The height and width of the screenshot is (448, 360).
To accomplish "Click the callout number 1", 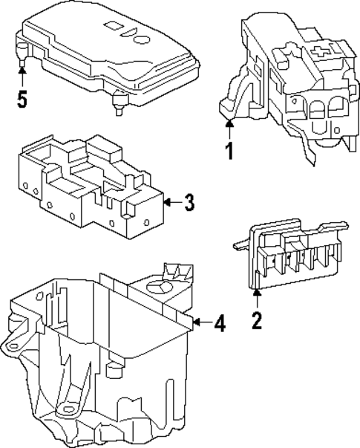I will point(230,152).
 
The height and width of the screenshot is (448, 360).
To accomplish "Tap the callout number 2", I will point(257,322).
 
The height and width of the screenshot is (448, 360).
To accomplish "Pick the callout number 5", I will point(22,100).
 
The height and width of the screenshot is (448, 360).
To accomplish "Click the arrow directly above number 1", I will point(230,128).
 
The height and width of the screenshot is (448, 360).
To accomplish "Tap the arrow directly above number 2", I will point(257,298).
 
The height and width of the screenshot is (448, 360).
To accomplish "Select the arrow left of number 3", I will point(172,202).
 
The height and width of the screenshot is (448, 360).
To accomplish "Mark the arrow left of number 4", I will point(201,323).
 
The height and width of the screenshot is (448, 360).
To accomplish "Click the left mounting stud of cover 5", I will point(22,53).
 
